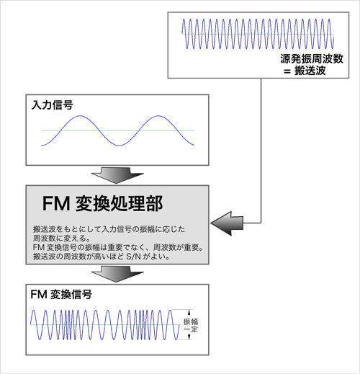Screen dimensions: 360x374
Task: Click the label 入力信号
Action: pyautogui.click(x=53, y=105)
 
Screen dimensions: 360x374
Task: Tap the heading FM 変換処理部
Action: pyautogui.click(x=102, y=204)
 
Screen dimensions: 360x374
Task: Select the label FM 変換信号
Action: pyautogui.click(x=61, y=294)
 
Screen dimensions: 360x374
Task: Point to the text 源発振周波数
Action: pyautogui.click(x=312, y=59)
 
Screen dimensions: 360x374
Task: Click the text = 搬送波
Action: pyautogui.click(x=305, y=71)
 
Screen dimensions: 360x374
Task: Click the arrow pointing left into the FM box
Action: pyautogui.click(x=227, y=223)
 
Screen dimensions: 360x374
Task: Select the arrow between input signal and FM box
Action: pyautogui.click(x=117, y=175)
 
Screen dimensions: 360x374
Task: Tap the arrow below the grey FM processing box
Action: pyautogui.click(x=117, y=274)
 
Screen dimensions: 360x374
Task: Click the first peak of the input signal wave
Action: pyautogui.click(x=80, y=116)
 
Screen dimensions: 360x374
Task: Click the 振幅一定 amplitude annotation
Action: pyautogui.click(x=191, y=325)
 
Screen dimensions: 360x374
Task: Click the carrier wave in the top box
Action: pyautogui.click(x=258, y=34)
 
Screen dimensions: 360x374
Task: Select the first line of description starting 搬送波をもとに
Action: pyautogui.click(x=109, y=229)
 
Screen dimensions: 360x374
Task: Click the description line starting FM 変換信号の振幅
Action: pyautogui.click(x=118, y=247)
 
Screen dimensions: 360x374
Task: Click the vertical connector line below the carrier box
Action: pyautogui.click(x=261, y=151)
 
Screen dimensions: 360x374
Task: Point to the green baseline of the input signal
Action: pyautogui.click(x=117, y=130)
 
